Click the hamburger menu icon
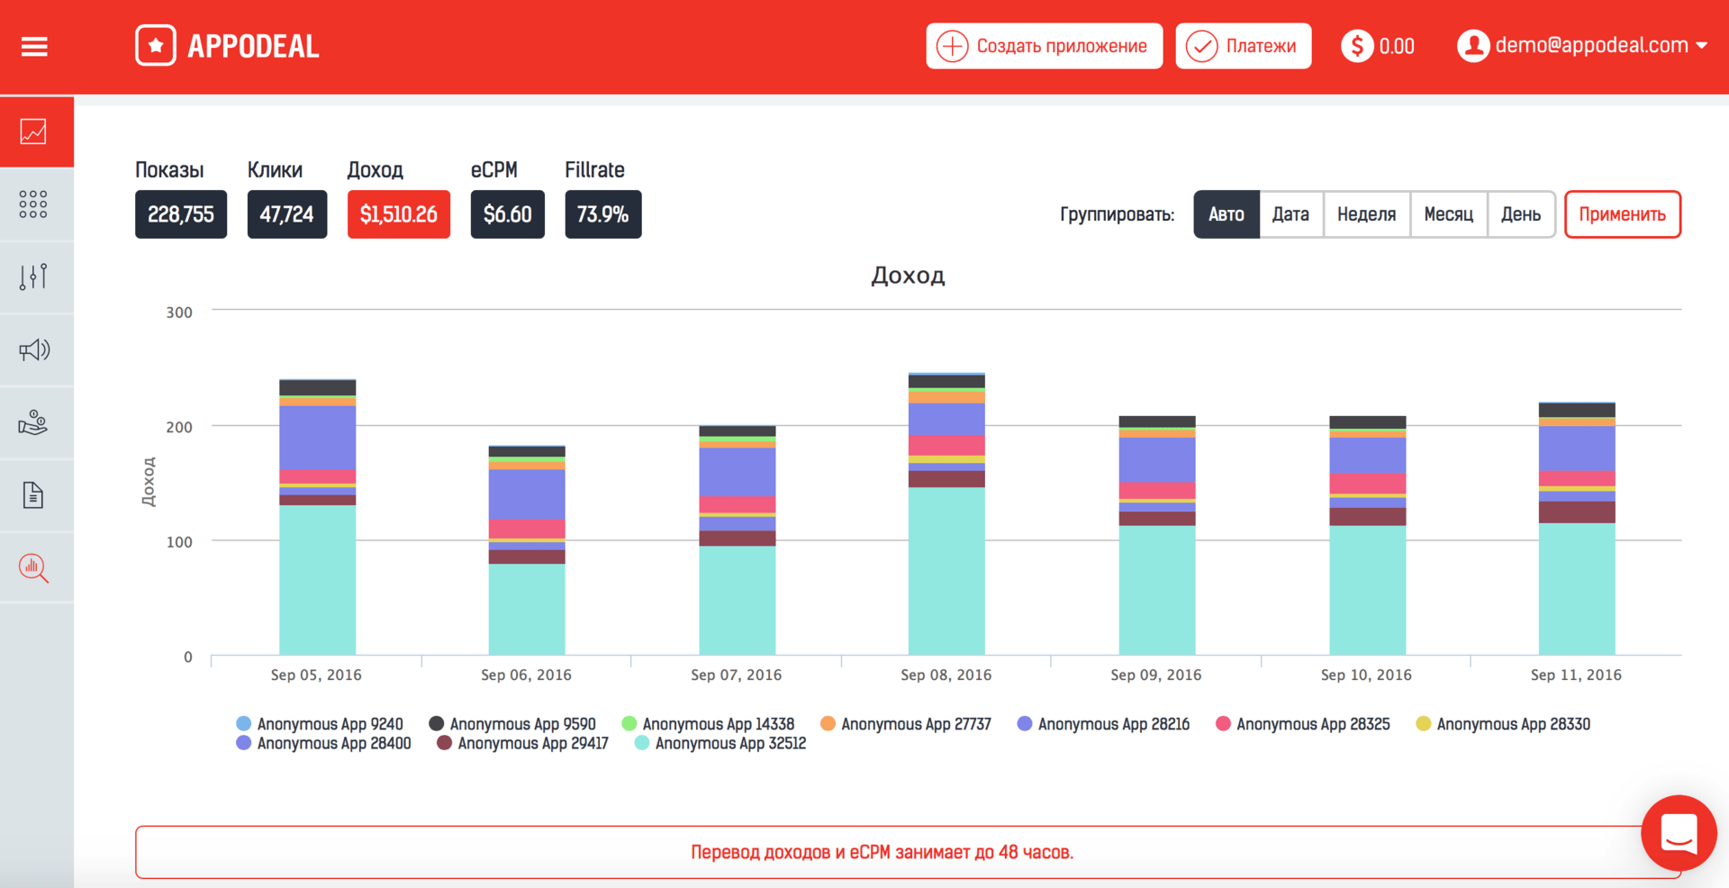pyautogui.click(x=34, y=47)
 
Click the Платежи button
pyautogui.click(x=1243, y=46)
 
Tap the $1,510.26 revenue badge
pyautogui.click(x=398, y=214)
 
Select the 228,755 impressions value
pyautogui.click(x=180, y=214)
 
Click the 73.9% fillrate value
pyautogui.click(x=602, y=214)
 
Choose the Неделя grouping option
pyautogui.click(x=1366, y=214)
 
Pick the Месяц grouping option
pyautogui.click(x=1448, y=214)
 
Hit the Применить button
pyautogui.click(x=1622, y=214)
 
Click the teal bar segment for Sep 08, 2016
pyautogui.click(x=946, y=571)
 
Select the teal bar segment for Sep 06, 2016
pyautogui.click(x=527, y=609)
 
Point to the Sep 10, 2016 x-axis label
pyautogui.click(x=1365, y=675)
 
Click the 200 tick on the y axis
pyautogui.click(x=179, y=427)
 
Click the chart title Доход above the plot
pyautogui.click(x=908, y=276)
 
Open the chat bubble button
pyautogui.click(x=1678, y=832)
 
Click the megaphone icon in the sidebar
pyautogui.click(x=34, y=349)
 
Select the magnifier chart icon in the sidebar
pyautogui.click(x=34, y=567)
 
